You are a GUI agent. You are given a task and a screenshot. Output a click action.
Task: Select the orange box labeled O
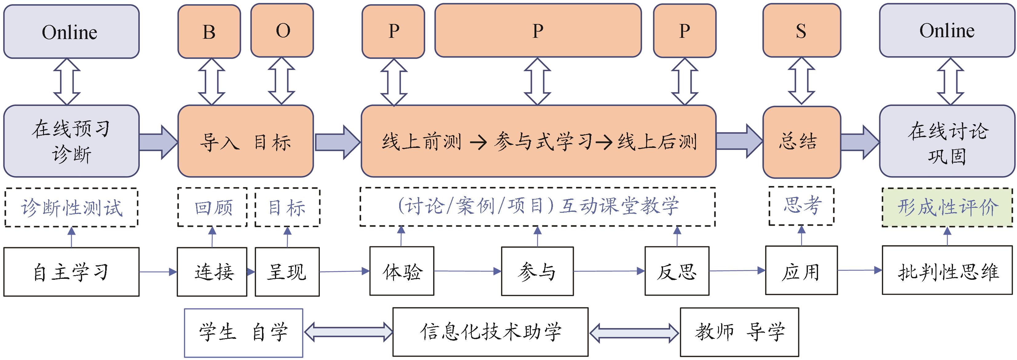[x=282, y=31]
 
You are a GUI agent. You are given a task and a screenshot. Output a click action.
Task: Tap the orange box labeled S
[x=801, y=31]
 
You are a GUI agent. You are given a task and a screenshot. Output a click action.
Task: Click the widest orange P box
[x=538, y=31]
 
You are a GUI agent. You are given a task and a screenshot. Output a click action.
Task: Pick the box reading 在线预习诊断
[x=71, y=141]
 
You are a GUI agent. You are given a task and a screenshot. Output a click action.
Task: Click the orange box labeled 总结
[x=801, y=142]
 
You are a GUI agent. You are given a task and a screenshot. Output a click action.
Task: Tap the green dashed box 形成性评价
[x=947, y=207]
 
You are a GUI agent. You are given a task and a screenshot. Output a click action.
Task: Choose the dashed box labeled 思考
[x=801, y=206]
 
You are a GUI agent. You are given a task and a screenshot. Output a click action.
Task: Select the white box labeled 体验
[x=402, y=271]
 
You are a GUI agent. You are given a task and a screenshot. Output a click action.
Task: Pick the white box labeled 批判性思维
[x=947, y=271]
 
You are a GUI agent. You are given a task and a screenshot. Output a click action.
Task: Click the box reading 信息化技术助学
[x=490, y=332]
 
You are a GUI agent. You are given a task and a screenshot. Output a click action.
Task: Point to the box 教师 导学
[x=739, y=332]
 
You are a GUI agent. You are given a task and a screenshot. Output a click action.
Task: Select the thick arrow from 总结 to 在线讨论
[x=860, y=142]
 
